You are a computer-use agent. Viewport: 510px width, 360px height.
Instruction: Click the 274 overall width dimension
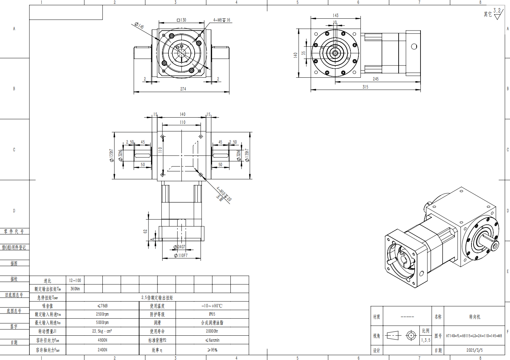(183, 89)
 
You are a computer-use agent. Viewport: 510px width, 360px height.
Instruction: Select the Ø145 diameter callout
(139, 26)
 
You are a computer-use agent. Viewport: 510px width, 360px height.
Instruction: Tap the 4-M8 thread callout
(222, 20)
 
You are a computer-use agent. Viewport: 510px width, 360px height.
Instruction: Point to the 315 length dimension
(365, 87)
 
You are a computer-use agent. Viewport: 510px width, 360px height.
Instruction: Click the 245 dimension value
(375, 79)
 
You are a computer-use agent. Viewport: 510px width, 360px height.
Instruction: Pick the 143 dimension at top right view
(335, 15)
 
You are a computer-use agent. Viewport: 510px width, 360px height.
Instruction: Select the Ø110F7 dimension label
(181, 256)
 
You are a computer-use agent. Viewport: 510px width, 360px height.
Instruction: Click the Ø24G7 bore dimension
(179, 247)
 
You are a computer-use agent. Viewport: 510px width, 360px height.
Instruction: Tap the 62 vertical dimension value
(145, 231)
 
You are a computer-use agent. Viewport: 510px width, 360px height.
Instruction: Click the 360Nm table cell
(75, 289)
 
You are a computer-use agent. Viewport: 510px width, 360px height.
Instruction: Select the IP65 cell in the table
(212, 314)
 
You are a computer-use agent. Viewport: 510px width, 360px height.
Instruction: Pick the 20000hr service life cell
(212, 331)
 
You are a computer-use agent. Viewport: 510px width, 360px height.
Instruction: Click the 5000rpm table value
(102, 323)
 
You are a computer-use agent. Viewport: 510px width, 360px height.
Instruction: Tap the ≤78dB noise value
(102, 306)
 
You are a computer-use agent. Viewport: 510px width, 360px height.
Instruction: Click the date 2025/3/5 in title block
(474, 350)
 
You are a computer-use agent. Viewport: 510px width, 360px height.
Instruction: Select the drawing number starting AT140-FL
(474, 336)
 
